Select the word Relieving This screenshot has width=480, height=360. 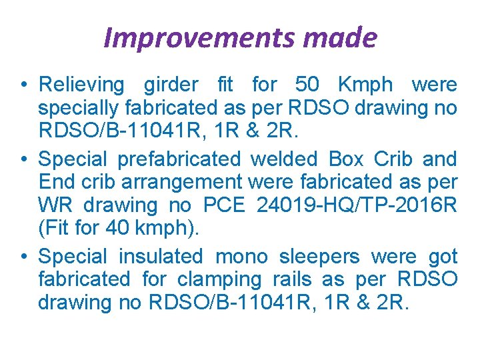tap(81, 85)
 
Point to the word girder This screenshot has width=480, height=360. tap(171, 85)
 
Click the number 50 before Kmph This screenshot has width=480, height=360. tap(307, 85)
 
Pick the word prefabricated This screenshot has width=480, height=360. tap(178, 159)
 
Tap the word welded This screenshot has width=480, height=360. tap(285, 159)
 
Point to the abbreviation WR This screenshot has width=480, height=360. tap(54, 204)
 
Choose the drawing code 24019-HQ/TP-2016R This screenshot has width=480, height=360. tap(357, 204)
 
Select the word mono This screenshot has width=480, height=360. tap(243, 257)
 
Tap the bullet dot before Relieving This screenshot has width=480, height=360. tap(24, 86)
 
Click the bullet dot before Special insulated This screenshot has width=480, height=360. tap(24, 257)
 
